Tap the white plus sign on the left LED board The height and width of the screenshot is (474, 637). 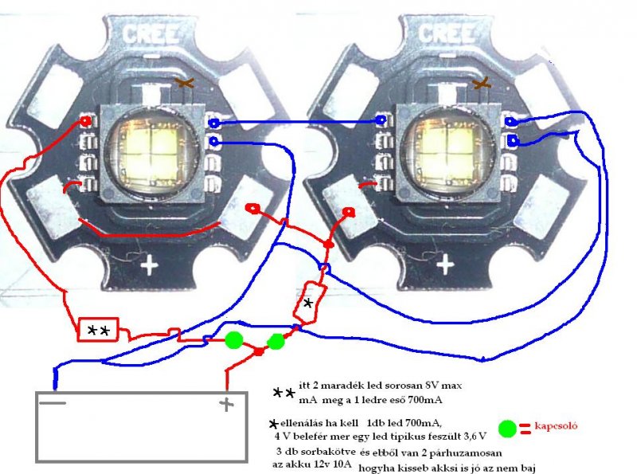pos(149,264)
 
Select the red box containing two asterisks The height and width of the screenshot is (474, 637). pos(97,329)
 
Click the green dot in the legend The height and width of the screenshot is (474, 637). pos(507,429)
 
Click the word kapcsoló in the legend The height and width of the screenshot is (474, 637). pos(555,426)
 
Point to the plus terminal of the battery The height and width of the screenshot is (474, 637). pos(227,405)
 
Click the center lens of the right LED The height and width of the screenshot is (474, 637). pos(447,150)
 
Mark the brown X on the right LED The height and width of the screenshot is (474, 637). pos(480,83)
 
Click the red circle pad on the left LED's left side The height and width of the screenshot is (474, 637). pos(85,121)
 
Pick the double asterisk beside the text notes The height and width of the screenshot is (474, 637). pos(283,393)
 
